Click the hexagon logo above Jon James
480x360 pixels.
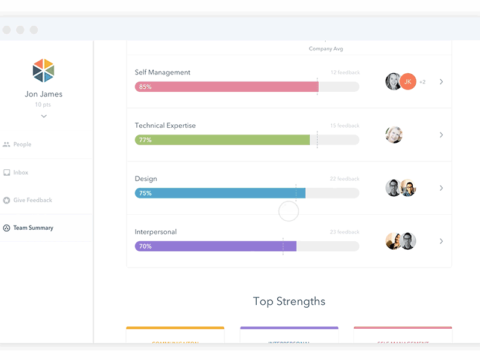(43, 71)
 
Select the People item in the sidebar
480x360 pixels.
(22, 145)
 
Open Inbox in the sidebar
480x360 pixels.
(21, 173)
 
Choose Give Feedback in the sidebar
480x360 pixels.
(32, 200)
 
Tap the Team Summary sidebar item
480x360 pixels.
(33, 228)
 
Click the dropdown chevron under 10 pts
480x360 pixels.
(44, 116)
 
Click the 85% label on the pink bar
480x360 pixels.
(145, 87)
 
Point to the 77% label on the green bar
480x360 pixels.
(145, 140)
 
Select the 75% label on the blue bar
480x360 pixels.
(145, 193)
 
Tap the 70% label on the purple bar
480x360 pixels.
(145, 247)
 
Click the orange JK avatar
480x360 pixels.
(408, 82)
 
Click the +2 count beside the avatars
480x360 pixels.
(422, 82)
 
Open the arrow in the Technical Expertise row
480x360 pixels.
(441, 135)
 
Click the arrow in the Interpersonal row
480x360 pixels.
(441, 241)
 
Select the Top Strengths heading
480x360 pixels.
(289, 301)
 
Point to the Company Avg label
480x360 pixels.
(326, 49)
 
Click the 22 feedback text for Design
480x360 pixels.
(344, 179)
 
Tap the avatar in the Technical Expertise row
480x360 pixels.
(394, 135)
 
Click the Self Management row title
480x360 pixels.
(163, 73)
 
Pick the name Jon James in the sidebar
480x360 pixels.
(44, 94)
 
